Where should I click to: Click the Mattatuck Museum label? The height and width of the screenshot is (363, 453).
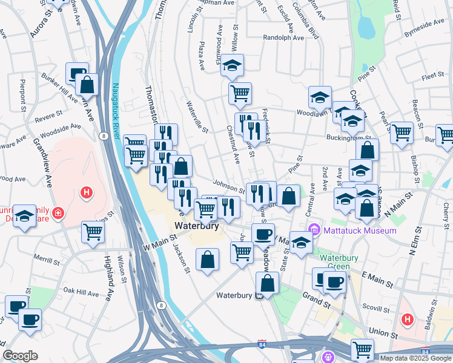pyautogui.click(x=360, y=231)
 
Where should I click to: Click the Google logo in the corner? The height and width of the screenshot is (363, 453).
pyautogui.click(x=20, y=356)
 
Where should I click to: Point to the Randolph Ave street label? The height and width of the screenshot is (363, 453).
pyautogui.click(x=283, y=37)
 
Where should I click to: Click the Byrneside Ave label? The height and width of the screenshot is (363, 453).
pyautogui.click(x=425, y=24)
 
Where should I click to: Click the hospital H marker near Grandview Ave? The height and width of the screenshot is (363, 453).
pyautogui.click(x=87, y=194)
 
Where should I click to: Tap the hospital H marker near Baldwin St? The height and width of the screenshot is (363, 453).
pyautogui.click(x=408, y=319)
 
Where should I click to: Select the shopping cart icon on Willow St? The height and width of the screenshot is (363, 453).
pyautogui.click(x=240, y=93)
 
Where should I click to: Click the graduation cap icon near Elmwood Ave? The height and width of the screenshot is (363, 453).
pyautogui.click(x=232, y=66)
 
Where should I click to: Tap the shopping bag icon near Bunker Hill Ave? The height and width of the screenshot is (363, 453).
pyautogui.click(x=87, y=85)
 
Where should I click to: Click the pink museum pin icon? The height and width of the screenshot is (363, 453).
pyautogui.click(x=314, y=230)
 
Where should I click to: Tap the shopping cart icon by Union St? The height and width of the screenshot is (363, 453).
pyautogui.click(x=362, y=349)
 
